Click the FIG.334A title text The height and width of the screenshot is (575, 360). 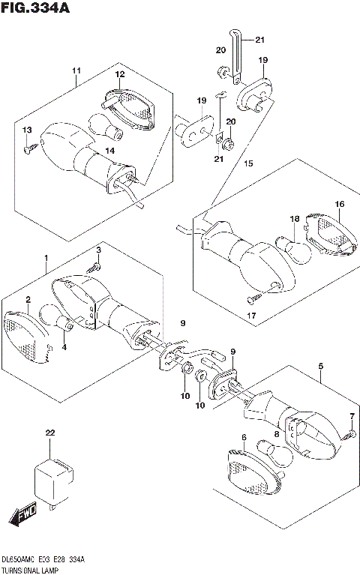point(35,7)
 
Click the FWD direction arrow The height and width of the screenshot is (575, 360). point(23,514)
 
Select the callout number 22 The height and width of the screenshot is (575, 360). point(50,433)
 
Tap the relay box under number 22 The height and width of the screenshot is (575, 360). point(54,481)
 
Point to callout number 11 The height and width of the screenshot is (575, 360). point(76,70)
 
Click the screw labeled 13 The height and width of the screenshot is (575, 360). point(31,148)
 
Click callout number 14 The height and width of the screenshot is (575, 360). point(110,151)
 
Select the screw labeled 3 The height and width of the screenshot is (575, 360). point(94,268)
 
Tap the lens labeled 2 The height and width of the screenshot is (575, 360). point(27,337)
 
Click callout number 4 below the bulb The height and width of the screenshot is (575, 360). point(64,346)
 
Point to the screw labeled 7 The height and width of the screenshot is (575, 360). point(350,436)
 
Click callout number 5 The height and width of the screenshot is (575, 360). point(321,366)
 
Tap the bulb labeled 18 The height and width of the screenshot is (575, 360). point(292,250)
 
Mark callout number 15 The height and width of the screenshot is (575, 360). point(248,163)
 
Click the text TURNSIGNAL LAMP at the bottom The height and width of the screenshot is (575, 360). point(30,571)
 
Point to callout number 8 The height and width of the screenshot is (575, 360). point(276,434)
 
